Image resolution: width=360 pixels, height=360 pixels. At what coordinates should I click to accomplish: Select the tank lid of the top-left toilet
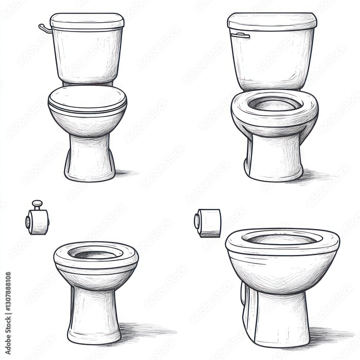(87, 21)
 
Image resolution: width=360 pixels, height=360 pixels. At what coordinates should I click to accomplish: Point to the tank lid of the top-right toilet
(272, 21)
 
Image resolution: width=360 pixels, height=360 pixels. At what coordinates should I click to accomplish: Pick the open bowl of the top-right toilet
(275, 104)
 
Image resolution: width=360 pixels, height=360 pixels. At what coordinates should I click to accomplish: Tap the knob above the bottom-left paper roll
(37, 204)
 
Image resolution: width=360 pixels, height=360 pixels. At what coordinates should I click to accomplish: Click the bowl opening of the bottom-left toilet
(96, 253)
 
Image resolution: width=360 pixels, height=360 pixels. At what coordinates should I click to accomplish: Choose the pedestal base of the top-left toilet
(90, 158)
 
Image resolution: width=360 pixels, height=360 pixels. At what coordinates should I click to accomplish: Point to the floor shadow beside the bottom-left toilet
(144, 329)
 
